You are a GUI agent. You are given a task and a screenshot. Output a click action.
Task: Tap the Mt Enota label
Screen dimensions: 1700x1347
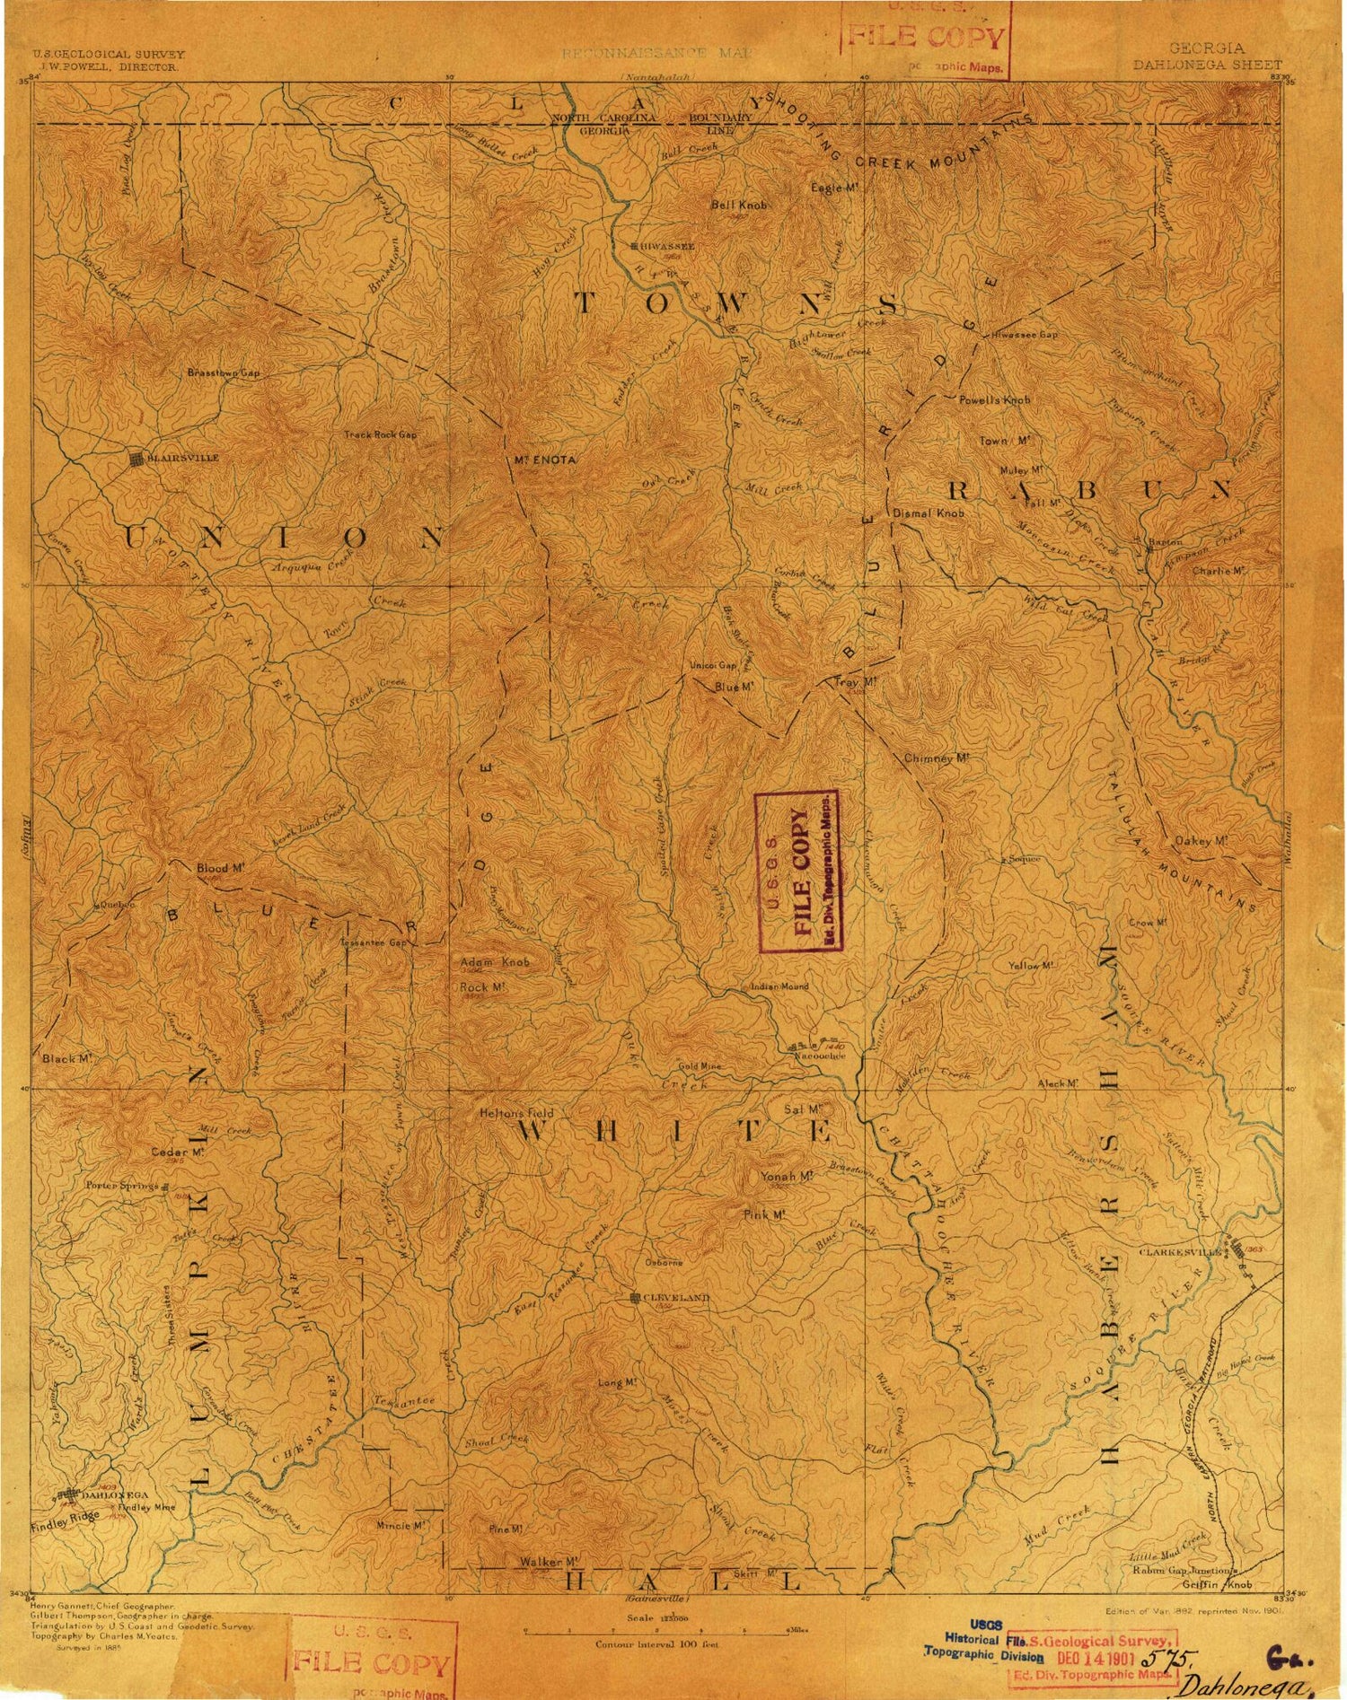[545, 460]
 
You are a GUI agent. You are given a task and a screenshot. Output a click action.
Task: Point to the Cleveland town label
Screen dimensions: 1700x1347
[677, 1298]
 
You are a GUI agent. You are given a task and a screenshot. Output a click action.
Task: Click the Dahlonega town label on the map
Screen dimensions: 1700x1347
[114, 1494]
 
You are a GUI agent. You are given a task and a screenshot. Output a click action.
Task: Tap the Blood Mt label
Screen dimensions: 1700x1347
[220, 868]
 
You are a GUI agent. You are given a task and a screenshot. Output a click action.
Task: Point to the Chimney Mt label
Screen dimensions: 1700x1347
[937, 758]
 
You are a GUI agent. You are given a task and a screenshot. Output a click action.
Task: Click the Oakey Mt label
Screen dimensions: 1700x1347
[1200, 841]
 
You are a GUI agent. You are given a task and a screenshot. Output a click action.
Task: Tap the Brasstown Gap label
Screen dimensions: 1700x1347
[223, 372]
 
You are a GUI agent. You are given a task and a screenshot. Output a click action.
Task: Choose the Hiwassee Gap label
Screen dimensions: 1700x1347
[1026, 334]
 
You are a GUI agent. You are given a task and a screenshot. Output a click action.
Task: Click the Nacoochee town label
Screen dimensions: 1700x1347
[820, 1056]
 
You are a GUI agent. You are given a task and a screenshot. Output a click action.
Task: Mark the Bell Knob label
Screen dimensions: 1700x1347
[739, 205]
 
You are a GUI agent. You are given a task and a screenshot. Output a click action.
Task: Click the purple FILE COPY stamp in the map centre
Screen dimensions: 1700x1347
[797, 870]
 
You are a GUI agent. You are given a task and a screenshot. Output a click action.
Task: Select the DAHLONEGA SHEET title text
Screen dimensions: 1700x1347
[1207, 65]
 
